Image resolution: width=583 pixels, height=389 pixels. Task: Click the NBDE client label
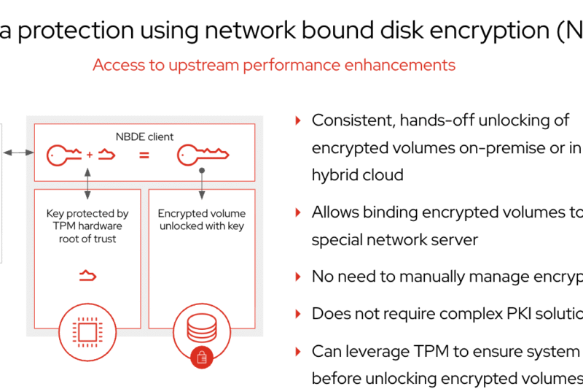point(144,136)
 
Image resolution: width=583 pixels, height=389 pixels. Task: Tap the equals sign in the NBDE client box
point(144,155)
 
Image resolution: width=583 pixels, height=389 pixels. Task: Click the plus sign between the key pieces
point(90,155)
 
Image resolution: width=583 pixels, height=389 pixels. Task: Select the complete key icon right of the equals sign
point(203,155)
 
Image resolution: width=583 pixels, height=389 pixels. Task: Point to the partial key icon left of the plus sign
point(65,155)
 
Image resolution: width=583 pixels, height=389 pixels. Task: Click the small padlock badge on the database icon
point(200,357)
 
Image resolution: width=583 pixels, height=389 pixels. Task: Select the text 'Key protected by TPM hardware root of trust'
point(87,226)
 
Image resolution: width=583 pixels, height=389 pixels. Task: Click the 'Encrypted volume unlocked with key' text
point(202,220)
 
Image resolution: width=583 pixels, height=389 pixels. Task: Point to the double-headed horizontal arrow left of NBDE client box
point(18,153)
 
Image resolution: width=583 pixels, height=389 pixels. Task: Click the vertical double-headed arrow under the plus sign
point(87,183)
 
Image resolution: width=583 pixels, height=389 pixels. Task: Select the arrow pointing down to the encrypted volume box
point(201,185)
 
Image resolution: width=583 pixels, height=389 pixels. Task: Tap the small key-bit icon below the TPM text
point(87,275)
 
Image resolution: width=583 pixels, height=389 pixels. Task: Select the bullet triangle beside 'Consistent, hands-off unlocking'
point(297,120)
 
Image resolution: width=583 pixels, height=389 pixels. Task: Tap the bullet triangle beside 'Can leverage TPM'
point(297,351)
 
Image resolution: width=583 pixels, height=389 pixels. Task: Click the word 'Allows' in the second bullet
point(334,212)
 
